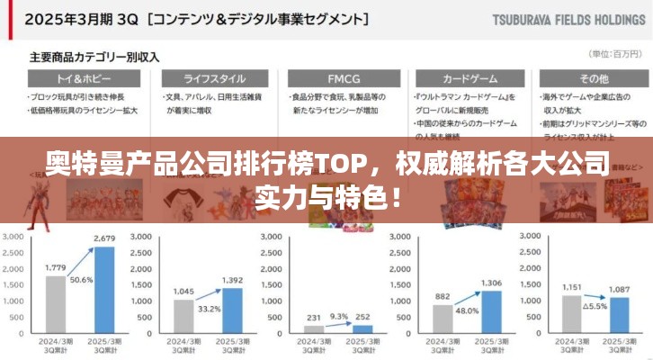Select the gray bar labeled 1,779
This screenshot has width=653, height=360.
tap(56, 305)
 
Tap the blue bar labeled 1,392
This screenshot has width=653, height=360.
tap(232, 311)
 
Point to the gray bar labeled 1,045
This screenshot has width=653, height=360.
tap(183, 317)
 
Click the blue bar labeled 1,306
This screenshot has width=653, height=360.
tap(491, 312)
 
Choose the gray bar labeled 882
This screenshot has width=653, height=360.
tap(442, 319)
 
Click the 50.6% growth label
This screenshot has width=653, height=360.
tap(81, 280)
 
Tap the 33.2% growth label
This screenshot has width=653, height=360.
tap(209, 309)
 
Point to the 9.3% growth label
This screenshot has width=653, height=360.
tap(339, 316)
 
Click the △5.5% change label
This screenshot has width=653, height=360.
tap(594, 306)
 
